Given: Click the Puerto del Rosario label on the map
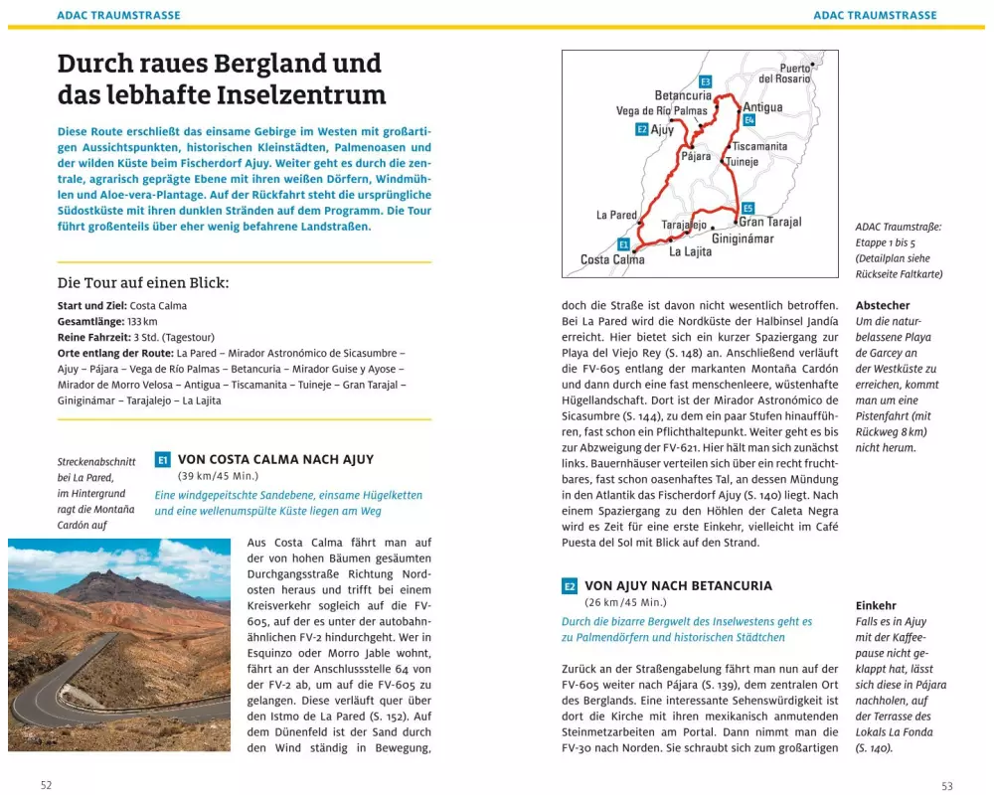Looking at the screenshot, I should click(785, 73).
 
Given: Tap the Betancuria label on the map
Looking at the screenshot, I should click(683, 95).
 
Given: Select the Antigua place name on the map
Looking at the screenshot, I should click(762, 107).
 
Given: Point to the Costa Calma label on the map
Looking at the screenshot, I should click(612, 260).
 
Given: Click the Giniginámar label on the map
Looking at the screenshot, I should click(743, 238).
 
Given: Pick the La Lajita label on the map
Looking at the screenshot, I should click(690, 252).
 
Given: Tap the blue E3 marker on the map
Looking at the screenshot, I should click(705, 81).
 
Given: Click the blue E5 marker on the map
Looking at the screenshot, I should click(747, 208).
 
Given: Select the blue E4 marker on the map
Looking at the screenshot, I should click(749, 120).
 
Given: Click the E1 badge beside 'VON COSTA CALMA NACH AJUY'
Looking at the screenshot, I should click(163, 460).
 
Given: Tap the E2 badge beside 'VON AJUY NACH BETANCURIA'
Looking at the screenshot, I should click(570, 586).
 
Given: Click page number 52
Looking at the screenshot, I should click(46, 785).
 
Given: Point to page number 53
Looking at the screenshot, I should click(946, 785).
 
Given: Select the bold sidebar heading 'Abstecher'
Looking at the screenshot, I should click(883, 306).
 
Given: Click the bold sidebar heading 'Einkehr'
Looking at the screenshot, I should click(876, 605).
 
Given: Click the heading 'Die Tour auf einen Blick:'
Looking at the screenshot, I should click(143, 282).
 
